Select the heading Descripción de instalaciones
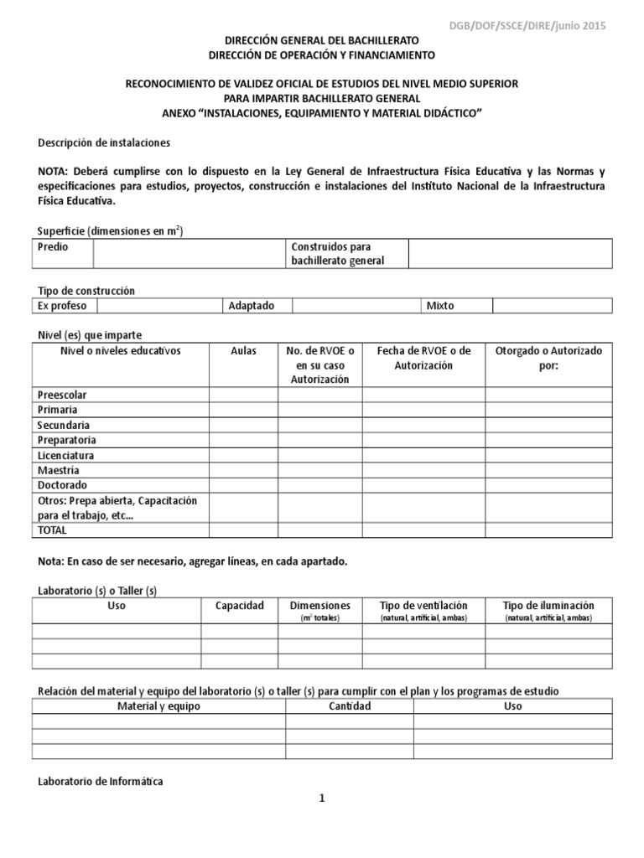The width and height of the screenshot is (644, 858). point(104,143)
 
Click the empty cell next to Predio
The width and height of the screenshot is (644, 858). point(188,253)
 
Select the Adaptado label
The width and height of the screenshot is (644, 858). point(252,306)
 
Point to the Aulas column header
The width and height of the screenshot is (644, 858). point(243,351)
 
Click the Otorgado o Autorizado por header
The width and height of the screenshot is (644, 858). point(548,359)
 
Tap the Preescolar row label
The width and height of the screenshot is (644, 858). point(63,395)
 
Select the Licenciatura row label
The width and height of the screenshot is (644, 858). point(65,455)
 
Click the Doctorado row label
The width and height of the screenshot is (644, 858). point(62,485)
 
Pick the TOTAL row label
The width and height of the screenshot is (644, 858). point(52,530)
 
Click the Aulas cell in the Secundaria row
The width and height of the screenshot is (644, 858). point(243,425)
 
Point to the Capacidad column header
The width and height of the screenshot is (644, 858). point(240,606)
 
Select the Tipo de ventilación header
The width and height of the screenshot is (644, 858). point(423,606)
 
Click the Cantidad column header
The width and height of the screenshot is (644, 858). point(350,706)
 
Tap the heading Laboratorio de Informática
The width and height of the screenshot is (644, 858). point(101,782)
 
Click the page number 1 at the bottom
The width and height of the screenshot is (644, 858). point(321,799)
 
